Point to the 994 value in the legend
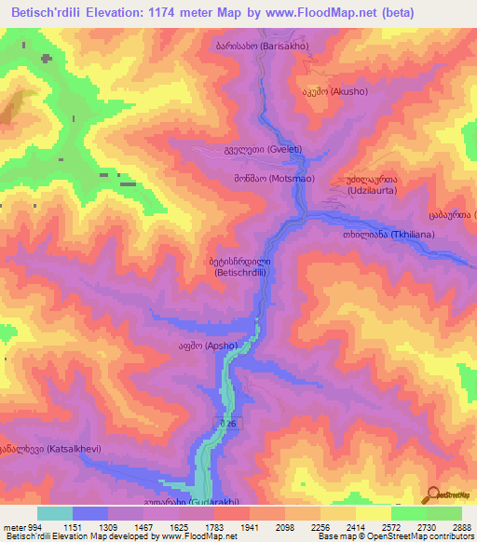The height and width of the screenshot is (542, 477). tap(31, 526)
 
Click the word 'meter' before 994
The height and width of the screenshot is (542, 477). tap(13, 526)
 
